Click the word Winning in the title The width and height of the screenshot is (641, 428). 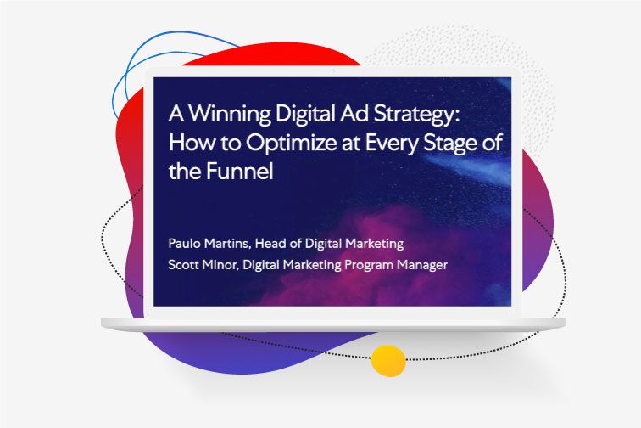pyautogui.click(x=230, y=115)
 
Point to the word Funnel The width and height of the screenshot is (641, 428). pyautogui.click(x=239, y=171)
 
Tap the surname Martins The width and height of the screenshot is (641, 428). pyautogui.click(x=227, y=243)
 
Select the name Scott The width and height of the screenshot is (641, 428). pyautogui.click(x=183, y=265)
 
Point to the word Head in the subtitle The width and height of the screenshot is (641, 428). pyautogui.click(x=270, y=243)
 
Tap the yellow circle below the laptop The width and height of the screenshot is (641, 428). pyautogui.click(x=388, y=360)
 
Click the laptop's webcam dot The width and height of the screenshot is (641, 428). pyautogui.click(x=332, y=71)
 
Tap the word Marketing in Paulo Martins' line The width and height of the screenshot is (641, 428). pyautogui.click(x=375, y=244)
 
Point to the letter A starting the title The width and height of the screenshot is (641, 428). pyautogui.click(x=176, y=114)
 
